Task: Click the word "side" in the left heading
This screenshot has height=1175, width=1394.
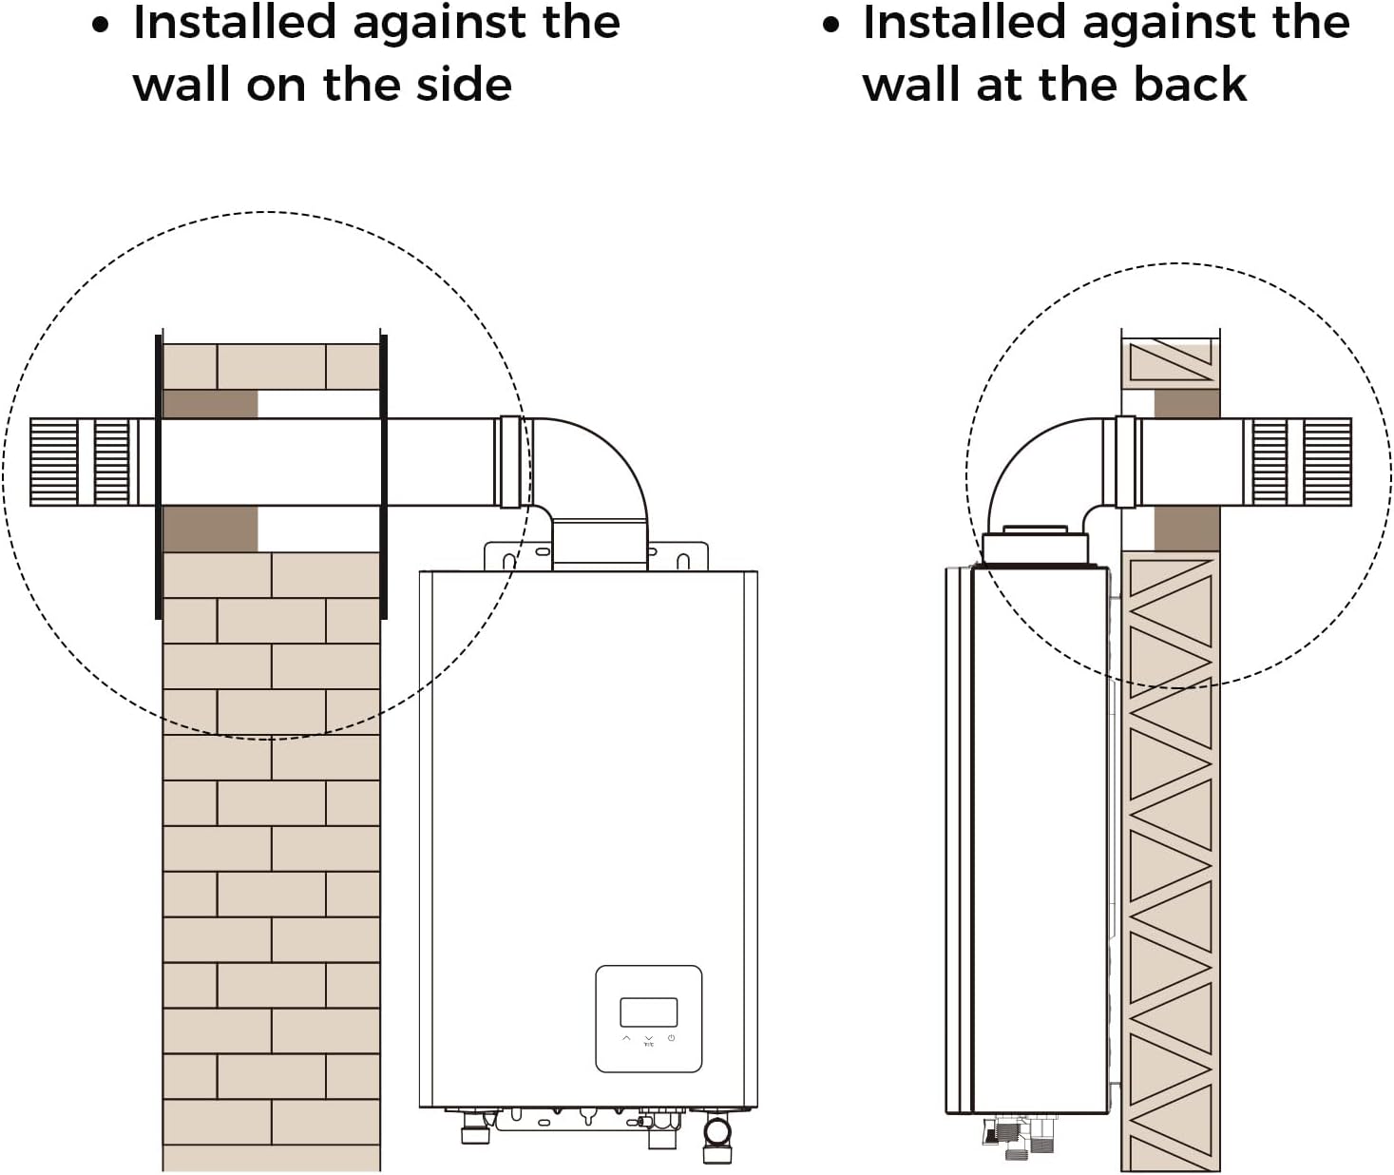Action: tap(464, 85)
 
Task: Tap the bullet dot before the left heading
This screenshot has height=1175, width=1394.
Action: tap(101, 26)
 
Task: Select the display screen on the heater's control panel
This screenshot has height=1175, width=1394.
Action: tap(648, 1011)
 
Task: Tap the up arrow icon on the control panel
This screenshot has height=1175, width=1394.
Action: tap(626, 1038)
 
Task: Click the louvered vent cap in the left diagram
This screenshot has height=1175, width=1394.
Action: tap(80, 461)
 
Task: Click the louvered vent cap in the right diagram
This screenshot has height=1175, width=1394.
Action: tap(1301, 461)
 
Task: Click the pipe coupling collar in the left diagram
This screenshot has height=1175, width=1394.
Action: tap(511, 461)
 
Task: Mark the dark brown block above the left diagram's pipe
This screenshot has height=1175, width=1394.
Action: tap(210, 404)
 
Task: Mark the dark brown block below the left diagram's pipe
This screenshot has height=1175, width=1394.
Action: tap(210, 529)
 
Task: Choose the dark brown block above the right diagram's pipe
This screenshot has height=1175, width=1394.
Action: tap(1187, 403)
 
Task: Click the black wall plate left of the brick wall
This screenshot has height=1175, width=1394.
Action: tap(159, 475)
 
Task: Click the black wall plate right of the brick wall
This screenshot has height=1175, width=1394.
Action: tap(384, 475)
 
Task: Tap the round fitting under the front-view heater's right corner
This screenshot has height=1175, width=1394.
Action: tap(717, 1132)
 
